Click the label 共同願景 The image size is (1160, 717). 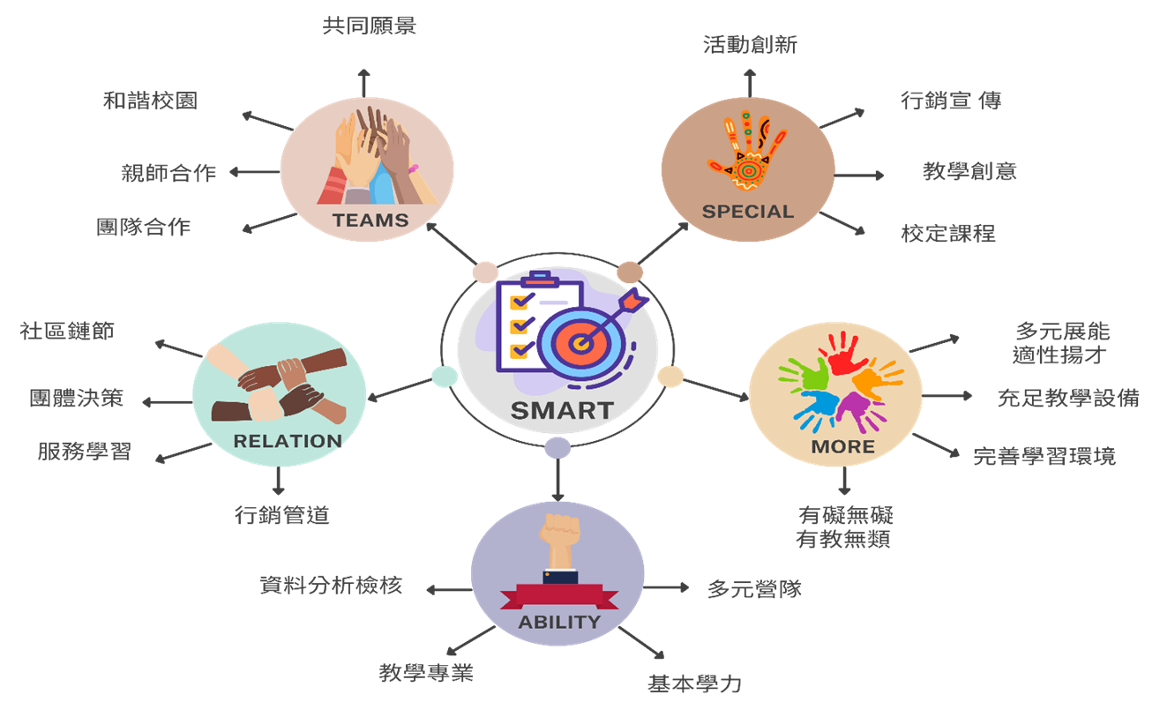369,26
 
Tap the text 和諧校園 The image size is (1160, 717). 150,101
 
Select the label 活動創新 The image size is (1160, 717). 750,44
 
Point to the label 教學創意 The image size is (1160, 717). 969,171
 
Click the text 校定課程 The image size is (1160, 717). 948,234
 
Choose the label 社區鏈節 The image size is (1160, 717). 67,331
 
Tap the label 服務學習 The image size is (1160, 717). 84,451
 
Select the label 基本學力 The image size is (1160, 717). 694,683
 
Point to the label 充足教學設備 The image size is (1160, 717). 1067,398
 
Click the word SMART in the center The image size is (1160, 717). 562,410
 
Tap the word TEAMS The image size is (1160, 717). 370,220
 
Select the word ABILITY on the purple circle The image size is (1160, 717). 559,622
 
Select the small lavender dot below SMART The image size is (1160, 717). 558,447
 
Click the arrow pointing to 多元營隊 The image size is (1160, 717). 667,587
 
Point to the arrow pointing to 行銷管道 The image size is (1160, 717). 279,480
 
